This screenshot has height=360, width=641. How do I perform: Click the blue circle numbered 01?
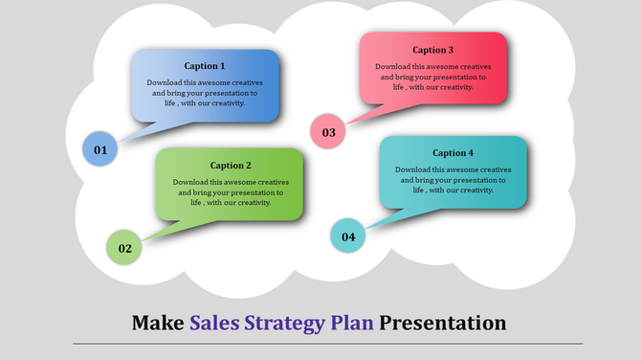pos(99,149)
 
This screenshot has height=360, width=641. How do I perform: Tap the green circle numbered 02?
pos(124,248)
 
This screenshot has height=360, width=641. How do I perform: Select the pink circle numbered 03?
pos(328,133)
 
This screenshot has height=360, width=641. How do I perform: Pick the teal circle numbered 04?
pos(348,236)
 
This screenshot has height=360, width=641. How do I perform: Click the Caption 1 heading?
pos(205,66)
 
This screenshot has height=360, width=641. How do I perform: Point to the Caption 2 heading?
pos(231,166)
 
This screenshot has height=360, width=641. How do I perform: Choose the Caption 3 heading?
pos(433,50)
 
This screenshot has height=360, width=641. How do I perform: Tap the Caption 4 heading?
pos(453,153)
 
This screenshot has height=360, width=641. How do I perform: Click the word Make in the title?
pos(158,322)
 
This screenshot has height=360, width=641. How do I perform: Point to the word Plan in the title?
pos(353,322)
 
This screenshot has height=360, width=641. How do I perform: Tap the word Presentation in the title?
pos(443,322)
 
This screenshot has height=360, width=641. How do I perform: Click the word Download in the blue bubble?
pos(164,83)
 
